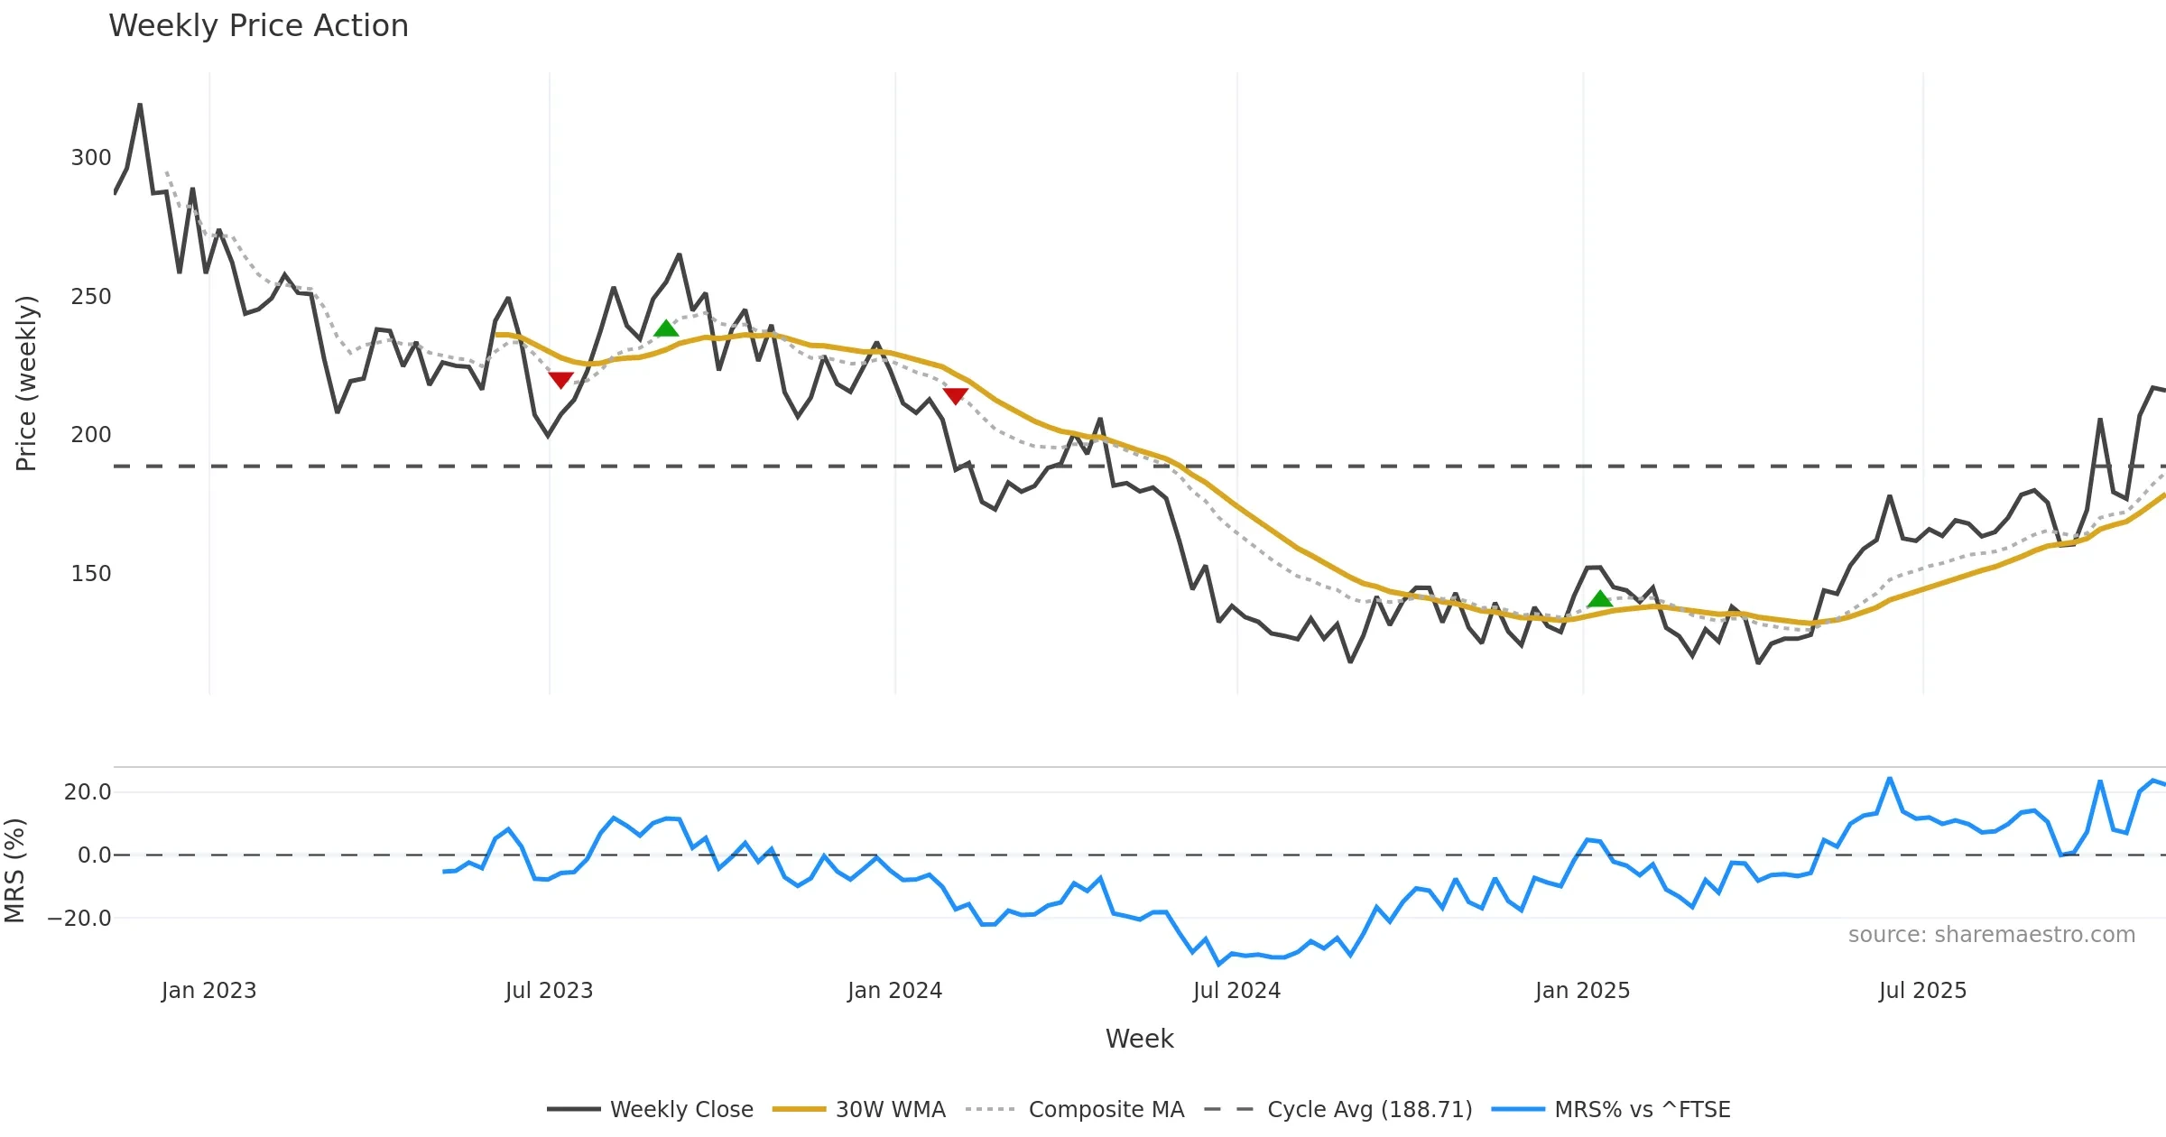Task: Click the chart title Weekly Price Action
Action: point(258,26)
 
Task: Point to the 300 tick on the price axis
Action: point(91,158)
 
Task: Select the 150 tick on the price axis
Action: point(91,574)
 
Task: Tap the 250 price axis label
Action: point(91,297)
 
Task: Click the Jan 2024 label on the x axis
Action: point(894,991)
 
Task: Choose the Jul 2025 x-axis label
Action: point(1922,991)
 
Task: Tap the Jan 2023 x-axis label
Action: point(209,991)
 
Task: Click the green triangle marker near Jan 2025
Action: point(1599,599)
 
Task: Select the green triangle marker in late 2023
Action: point(666,328)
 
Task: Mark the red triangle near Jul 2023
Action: point(560,380)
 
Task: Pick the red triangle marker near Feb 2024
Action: point(955,395)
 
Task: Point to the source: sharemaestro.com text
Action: point(1991,935)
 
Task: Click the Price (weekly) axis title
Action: point(27,384)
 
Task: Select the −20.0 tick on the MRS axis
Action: point(80,919)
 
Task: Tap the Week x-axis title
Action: point(1139,1039)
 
